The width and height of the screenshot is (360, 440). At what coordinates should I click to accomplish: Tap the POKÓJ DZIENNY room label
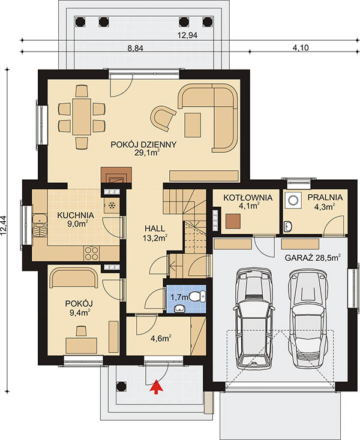(143, 145)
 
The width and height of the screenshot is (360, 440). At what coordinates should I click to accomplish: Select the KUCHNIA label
(75, 216)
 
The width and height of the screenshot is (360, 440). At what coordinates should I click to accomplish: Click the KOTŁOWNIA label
(248, 198)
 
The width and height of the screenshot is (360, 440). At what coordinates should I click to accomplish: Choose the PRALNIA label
(325, 197)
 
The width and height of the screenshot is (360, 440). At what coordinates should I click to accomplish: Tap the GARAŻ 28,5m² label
(313, 258)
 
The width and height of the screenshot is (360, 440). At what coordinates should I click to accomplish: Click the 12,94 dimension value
(188, 35)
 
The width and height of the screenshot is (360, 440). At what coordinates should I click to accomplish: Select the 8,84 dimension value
(136, 49)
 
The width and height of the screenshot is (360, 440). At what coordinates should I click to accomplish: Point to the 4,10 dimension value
(301, 48)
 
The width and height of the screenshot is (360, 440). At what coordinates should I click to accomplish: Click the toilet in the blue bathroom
(197, 296)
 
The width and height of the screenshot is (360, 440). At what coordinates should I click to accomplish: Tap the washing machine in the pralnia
(293, 200)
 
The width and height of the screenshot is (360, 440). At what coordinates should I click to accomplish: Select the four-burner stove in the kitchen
(91, 254)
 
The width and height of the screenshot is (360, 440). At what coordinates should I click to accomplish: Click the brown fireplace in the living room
(116, 175)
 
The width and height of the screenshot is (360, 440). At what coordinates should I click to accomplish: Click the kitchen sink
(40, 225)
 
